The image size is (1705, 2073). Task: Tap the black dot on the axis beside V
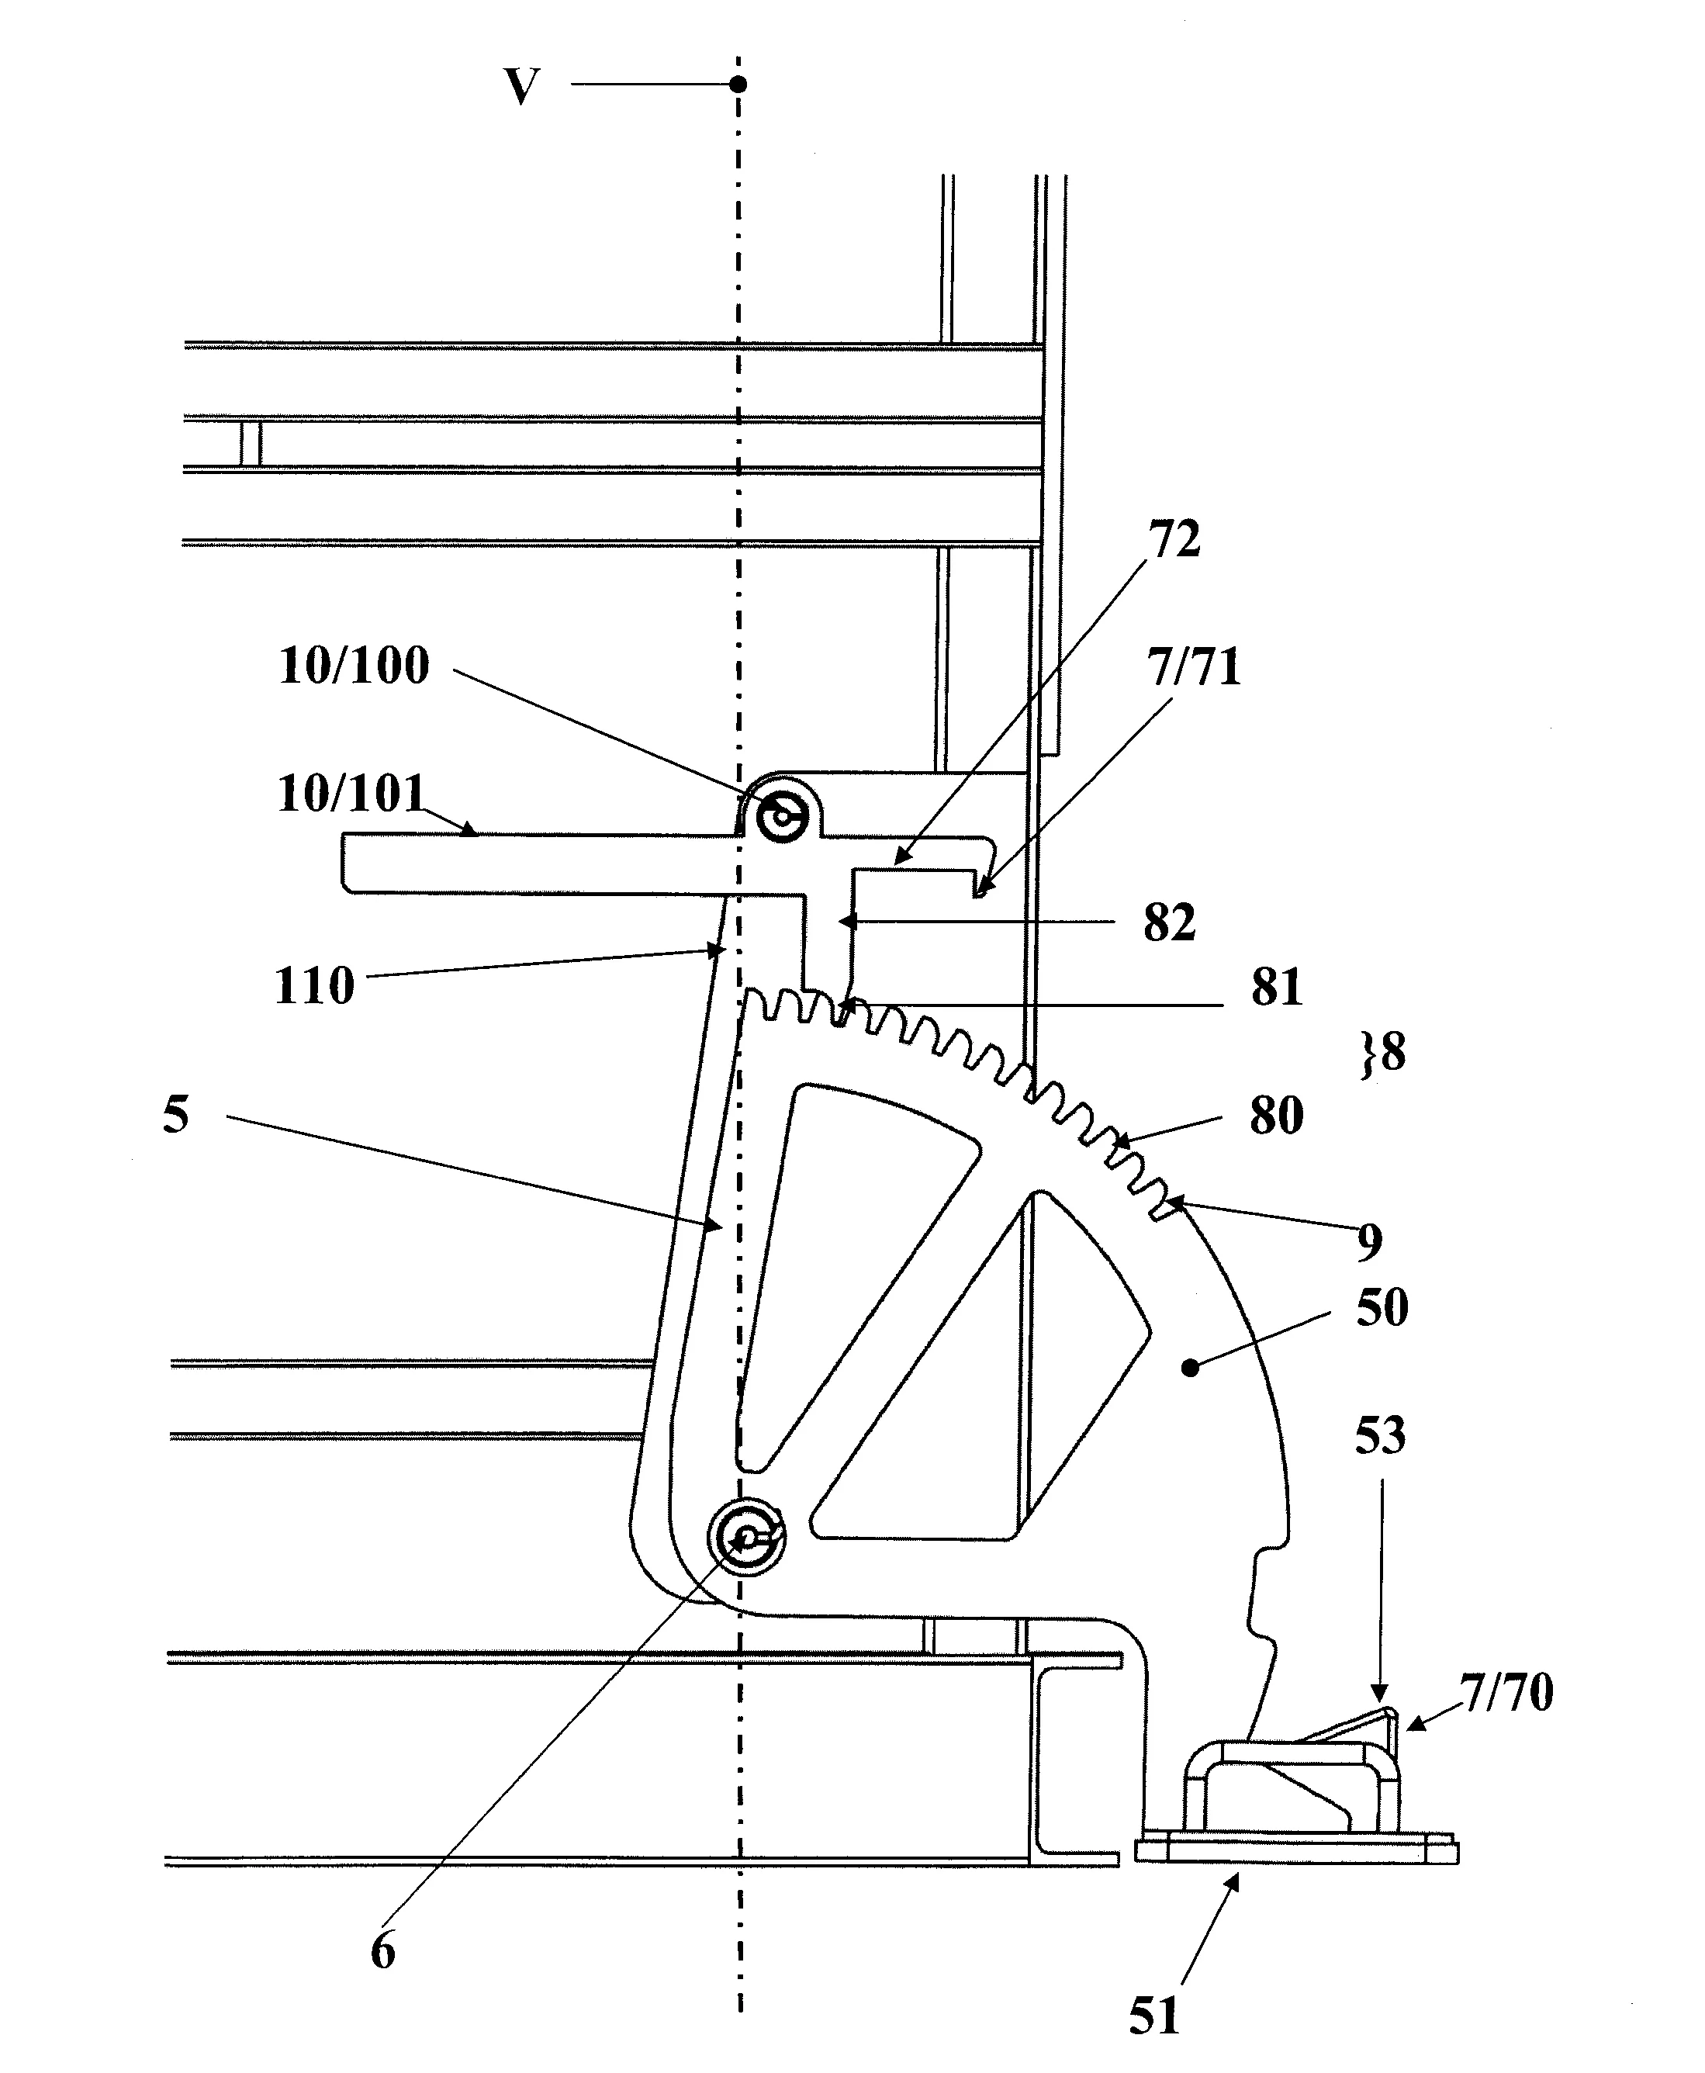click(x=738, y=85)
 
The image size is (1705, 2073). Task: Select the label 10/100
click(x=354, y=666)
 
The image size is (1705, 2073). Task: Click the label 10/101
click(x=351, y=793)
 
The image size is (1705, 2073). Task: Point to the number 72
click(x=1174, y=539)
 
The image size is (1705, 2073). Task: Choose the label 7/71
click(x=1193, y=667)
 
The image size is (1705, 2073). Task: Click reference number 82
click(x=1169, y=922)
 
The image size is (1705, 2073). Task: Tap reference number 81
click(x=1276, y=988)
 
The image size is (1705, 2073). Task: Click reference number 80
click(x=1276, y=1115)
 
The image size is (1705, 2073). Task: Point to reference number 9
click(x=1369, y=1243)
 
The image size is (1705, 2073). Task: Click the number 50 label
click(x=1382, y=1308)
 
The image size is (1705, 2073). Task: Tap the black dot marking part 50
click(x=1191, y=1365)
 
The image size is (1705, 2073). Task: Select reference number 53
click(x=1380, y=1436)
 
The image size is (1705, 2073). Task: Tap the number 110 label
click(x=313, y=985)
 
